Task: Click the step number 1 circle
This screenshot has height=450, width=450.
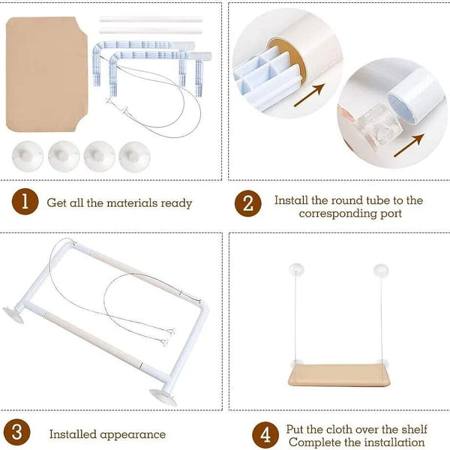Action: pyautogui.click(x=25, y=202)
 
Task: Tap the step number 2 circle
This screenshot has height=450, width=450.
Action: pyautogui.click(x=248, y=203)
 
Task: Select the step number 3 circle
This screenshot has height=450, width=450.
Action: pyautogui.click(x=17, y=432)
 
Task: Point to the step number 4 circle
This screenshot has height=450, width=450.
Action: pyautogui.click(x=265, y=435)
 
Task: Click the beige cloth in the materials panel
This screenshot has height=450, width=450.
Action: pyautogui.click(x=46, y=74)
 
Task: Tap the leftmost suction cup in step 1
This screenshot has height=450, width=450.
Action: pyautogui.click(x=28, y=157)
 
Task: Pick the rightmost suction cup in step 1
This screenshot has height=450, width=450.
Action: pyautogui.click(x=134, y=157)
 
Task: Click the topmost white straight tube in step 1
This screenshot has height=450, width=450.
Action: pyautogui.click(x=151, y=19)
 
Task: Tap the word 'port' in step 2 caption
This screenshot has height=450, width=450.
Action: pyautogui.click(x=391, y=214)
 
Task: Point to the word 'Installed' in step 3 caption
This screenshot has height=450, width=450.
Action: pyautogui.click(x=73, y=434)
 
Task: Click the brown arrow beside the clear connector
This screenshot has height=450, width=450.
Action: pyautogui.click(x=409, y=145)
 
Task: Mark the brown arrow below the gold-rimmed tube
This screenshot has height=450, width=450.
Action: pyautogui.click(x=309, y=95)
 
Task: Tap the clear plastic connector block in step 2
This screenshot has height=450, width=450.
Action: pyautogui.click(x=379, y=124)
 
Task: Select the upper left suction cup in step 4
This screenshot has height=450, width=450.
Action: pyautogui.click(x=296, y=270)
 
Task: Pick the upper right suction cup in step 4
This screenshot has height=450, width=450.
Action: pyautogui.click(x=381, y=270)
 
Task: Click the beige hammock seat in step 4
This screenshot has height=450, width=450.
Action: pyautogui.click(x=339, y=375)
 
